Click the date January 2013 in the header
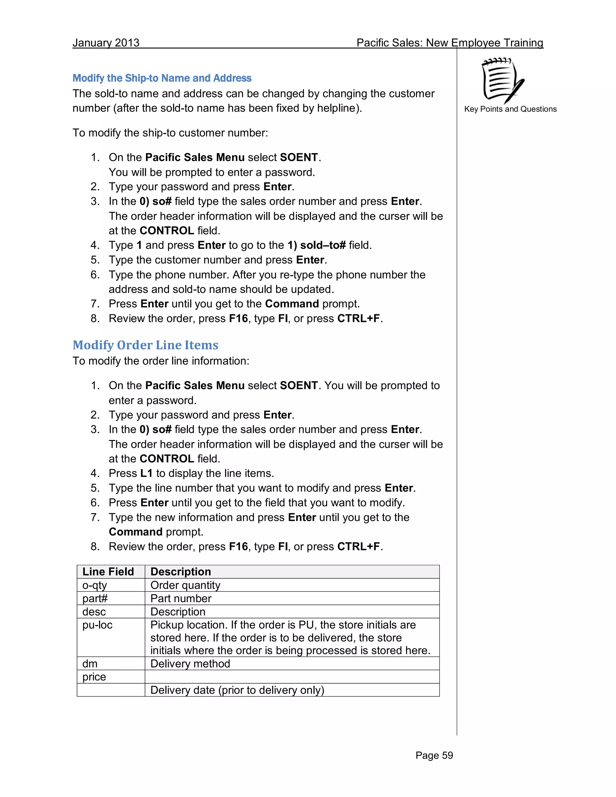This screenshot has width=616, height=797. click(x=106, y=43)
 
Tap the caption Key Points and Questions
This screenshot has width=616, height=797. click(x=510, y=109)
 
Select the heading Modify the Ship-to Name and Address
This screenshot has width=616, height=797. click(x=162, y=78)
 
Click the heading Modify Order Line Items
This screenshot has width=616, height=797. click(x=145, y=345)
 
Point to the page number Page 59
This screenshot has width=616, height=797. click(x=434, y=755)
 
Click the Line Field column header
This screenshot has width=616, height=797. click(x=108, y=571)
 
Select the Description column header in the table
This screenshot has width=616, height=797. click(x=181, y=571)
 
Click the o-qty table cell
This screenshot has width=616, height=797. click(x=94, y=585)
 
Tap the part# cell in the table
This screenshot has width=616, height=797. click(x=95, y=599)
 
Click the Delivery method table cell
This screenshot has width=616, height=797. click(x=190, y=663)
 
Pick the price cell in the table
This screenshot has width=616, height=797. click(x=94, y=677)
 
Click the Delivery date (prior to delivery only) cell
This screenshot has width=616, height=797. click(x=237, y=690)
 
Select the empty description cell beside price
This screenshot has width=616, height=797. click(x=292, y=677)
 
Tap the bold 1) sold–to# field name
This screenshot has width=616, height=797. click(x=316, y=245)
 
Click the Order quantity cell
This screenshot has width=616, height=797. click(x=185, y=585)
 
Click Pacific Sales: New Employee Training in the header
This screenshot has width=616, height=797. click(x=450, y=43)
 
